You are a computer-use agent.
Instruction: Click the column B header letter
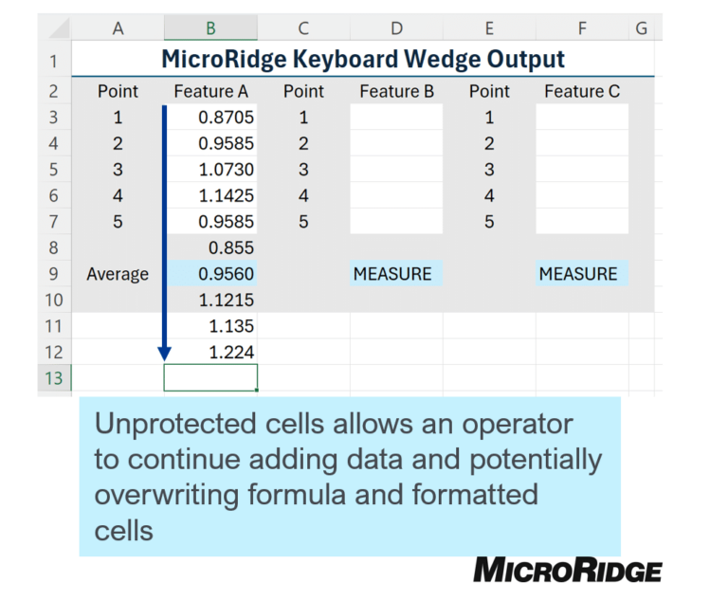point(210,28)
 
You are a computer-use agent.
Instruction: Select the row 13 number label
point(54,378)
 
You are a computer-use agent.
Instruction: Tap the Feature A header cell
point(210,91)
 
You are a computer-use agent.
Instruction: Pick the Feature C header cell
point(582,91)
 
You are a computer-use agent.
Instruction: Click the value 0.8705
point(227,117)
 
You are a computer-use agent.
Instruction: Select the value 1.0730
point(227,169)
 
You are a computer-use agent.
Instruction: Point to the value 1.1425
point(227,195)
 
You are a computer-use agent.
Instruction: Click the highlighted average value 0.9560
point(227,274)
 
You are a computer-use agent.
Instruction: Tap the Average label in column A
point(118,274)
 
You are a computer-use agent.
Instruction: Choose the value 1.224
point(231,352)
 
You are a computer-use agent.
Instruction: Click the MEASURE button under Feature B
point(396,274)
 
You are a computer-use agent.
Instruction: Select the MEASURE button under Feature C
point(582,274)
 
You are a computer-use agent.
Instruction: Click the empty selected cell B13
point(210,377)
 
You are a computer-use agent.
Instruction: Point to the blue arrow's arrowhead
point(164,354)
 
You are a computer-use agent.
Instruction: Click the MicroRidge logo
point(568,570)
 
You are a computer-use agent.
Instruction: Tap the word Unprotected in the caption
point(175,425)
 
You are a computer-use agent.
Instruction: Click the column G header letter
point(641,28)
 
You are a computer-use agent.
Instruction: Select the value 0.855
point(231,247)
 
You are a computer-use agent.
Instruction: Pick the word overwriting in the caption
point(167,495)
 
